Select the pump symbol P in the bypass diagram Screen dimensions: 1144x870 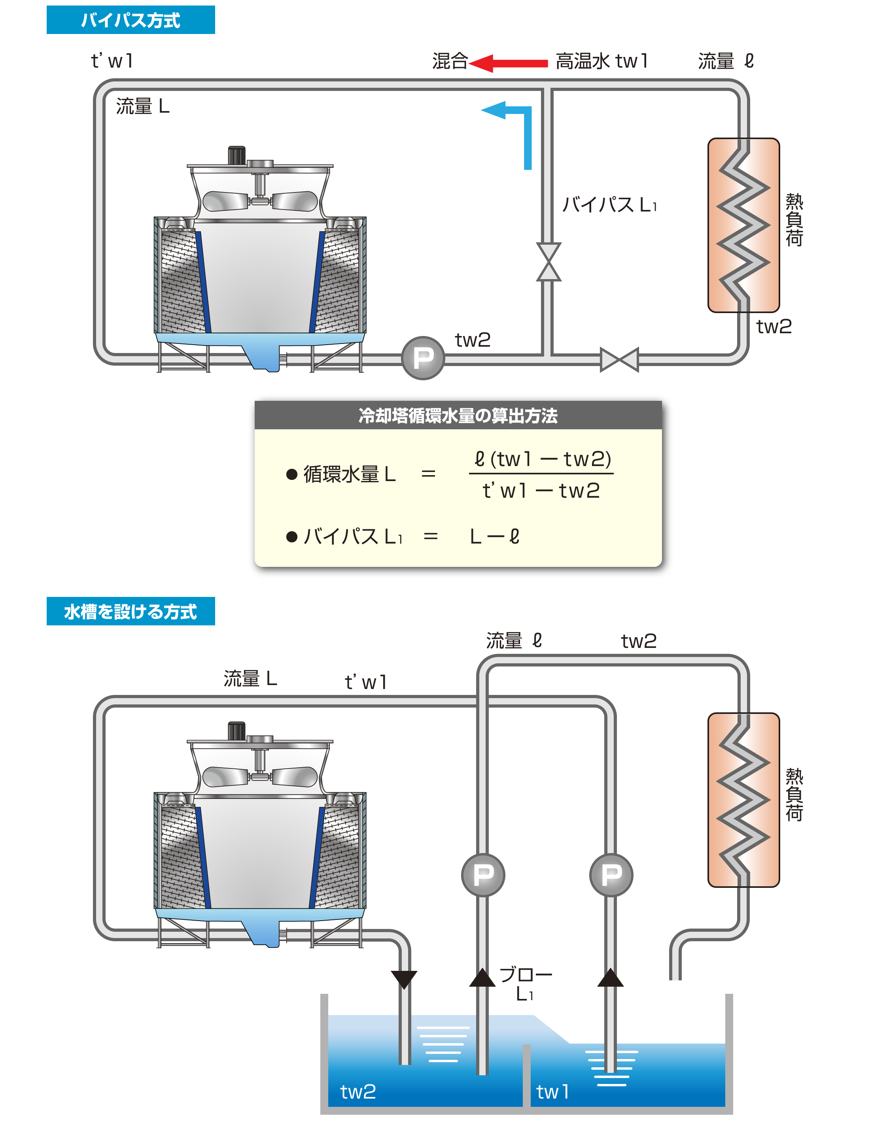tap(423, 358)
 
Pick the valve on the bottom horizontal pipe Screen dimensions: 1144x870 tap(619, 359)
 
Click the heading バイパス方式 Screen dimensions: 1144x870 tap(130, 20)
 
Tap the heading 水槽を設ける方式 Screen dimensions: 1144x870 tap(130, 612)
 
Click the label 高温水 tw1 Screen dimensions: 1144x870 tap(601, 61)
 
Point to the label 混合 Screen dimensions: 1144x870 tap(450, 61)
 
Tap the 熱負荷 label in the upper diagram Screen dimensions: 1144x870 tap(794, 220)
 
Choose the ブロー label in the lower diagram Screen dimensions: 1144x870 tap(525, 975)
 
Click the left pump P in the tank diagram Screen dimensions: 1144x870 tap(482, 875)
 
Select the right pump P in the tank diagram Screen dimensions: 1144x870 tap(611, 875)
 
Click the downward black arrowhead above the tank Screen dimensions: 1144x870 tap(404, 979)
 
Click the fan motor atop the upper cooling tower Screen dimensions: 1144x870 tap(236, 155)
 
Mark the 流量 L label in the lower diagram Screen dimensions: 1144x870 tap(250, 678)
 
